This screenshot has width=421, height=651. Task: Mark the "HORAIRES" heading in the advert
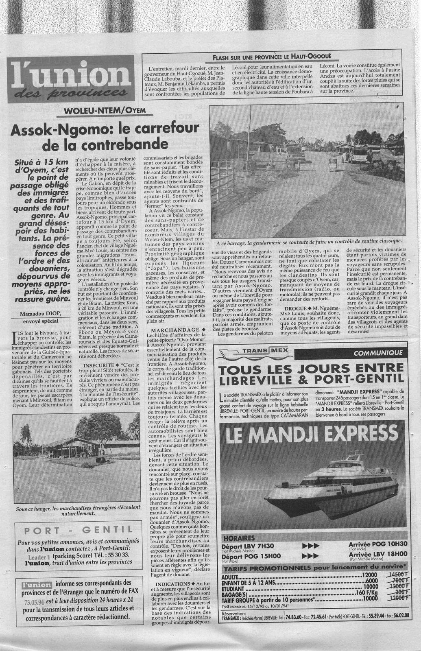pos(239,538)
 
